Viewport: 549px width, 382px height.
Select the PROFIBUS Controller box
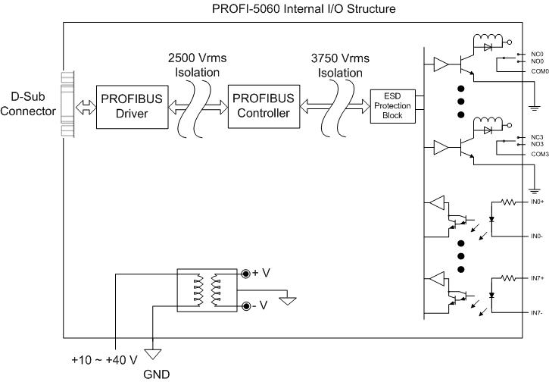tap(260, 108)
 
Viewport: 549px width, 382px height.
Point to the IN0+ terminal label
tap(538, 202)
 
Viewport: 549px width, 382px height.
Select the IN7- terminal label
tap(537, 313)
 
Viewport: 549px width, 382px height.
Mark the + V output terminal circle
tap(245, 274)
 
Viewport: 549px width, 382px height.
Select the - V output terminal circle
tap(245, 306)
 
